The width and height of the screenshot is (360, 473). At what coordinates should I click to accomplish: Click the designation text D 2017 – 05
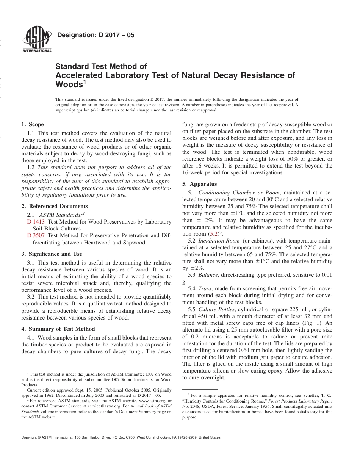point(95,35)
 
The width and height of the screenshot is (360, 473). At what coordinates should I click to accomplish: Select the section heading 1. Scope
point(33,124)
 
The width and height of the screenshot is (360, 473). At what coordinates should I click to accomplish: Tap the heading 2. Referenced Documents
point(55,206)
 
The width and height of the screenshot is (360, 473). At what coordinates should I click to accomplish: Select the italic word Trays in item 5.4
point(205,288)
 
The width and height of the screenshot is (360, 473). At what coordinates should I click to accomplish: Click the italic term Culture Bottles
point(217,309)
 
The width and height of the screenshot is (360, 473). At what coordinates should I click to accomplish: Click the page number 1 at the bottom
point(177,455)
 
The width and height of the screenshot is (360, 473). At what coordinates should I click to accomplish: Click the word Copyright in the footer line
point(30,437)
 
